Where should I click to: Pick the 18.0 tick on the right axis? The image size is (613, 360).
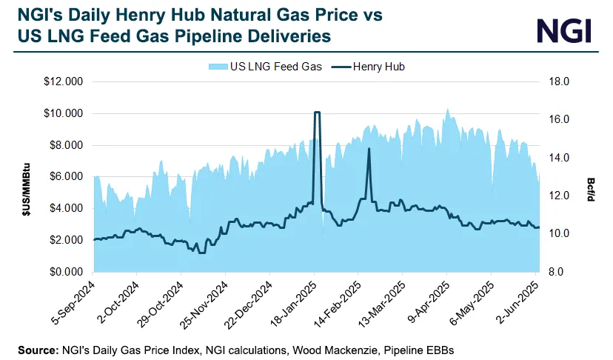(x=557, y=81)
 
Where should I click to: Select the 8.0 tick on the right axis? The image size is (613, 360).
(x=556, y=272)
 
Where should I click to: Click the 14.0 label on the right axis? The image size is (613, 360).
(x=557, y=158)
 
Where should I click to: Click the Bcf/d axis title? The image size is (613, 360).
(x=591, y=176)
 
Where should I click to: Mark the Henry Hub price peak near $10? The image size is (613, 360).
(x=317, y=113)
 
